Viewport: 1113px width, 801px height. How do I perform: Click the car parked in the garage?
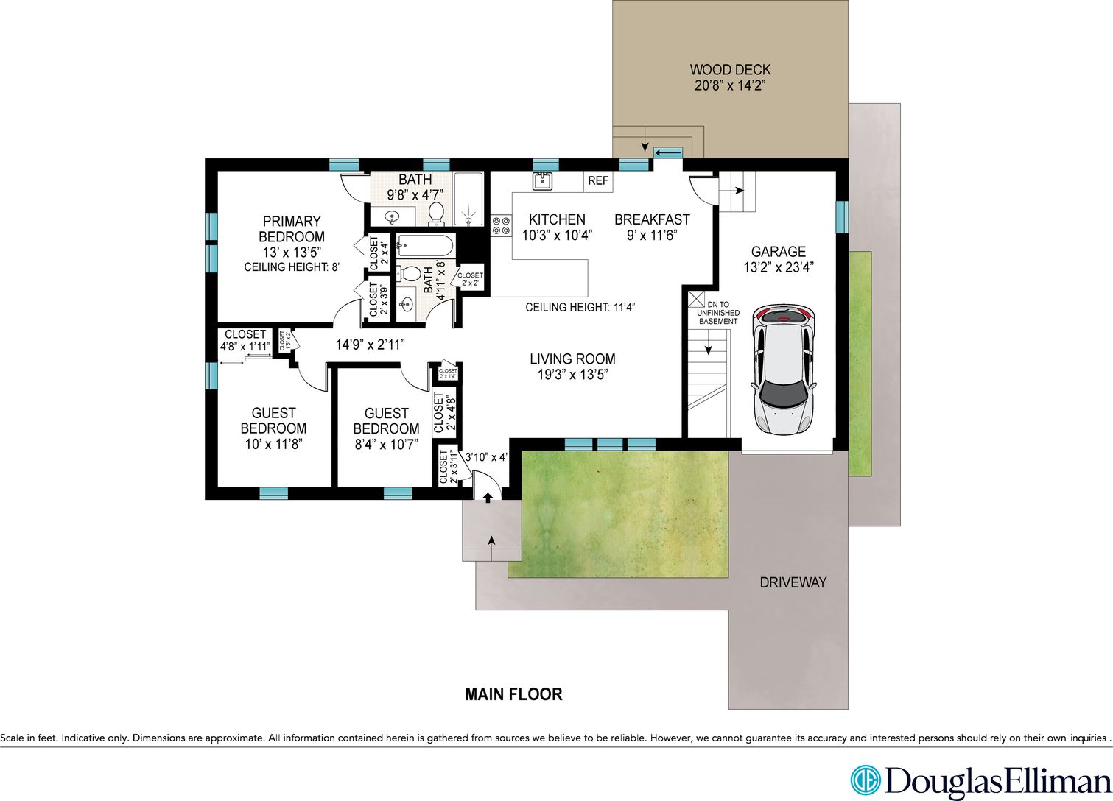click(784, 370)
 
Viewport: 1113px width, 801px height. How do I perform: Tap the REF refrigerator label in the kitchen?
click(597, 181)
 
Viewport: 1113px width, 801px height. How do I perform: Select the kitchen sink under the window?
click(542, 181)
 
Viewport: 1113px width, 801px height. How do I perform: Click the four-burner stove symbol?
click(501, 226)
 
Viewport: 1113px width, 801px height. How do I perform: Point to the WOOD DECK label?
click(730, 69)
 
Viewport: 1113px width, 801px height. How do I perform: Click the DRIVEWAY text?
click(793, 582)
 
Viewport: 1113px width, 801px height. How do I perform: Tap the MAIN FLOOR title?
click(513, 694)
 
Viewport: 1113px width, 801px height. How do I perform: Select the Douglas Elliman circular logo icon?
click(865, 780)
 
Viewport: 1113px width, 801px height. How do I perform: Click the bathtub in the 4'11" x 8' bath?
click(425, 245)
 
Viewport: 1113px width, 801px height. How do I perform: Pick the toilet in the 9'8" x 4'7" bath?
click(436, 214)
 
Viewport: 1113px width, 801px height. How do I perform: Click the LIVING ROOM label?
click(572, 359)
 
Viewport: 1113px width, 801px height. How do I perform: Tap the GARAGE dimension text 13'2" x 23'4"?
click(778, 268)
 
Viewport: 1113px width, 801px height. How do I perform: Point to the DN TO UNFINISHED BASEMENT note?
click(718, 313)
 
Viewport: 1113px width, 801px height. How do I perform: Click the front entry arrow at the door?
click(488, 498)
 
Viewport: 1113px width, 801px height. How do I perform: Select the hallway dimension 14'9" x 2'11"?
click(371, 345)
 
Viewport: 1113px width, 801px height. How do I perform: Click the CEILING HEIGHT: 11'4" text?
click(580, 308)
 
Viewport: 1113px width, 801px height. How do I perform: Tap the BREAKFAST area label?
click(652, 219)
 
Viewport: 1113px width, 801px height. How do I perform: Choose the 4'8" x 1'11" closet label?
click(245, 346)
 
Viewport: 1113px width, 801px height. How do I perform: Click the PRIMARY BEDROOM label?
click(292, 229)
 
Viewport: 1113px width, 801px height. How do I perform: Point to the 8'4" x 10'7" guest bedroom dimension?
click(386, 445)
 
